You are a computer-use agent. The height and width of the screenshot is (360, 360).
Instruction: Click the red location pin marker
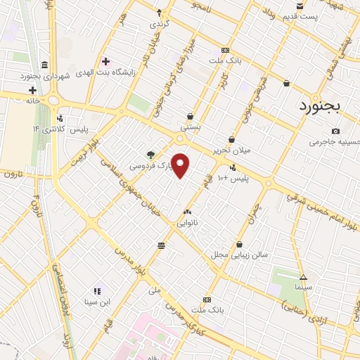[x=181, y=166]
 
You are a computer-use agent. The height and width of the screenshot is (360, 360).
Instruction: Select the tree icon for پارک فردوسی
[x=150, y=154]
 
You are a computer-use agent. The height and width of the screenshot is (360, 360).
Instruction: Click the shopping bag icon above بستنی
[x=190, y=117]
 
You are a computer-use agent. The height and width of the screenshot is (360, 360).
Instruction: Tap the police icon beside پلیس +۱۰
[x=233, y=167]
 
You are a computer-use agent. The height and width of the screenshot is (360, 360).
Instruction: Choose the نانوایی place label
[x=187, y=222]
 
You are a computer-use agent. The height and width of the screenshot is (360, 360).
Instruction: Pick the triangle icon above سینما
[x=303, y=276]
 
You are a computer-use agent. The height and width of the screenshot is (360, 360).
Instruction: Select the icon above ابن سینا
[x=96, y=290]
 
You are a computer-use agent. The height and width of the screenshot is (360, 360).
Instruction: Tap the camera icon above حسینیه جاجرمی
[x=335, y=131]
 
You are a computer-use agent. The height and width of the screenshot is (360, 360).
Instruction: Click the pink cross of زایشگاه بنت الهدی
[x=105, y=62]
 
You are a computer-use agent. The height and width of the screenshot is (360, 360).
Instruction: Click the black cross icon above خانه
[x=32, y=89]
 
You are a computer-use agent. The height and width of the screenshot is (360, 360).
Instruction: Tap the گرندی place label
[x=159, y=23]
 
